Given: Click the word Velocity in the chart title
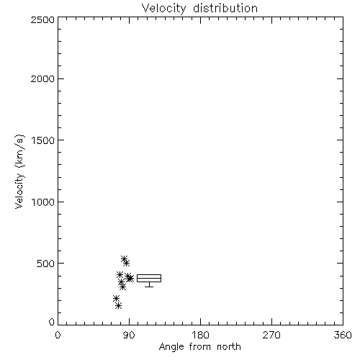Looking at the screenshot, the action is (164, 9).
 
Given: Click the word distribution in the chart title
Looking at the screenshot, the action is (225, 8).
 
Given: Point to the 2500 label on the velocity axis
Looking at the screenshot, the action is (43, 19).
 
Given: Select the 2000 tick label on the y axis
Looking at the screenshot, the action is (43, 78).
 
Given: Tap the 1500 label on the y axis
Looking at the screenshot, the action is (43, 140).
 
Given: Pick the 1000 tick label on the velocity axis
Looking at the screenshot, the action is (43, 202).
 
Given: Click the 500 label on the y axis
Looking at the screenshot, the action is (46, 264).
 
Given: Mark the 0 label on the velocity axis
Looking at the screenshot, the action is (52, 322).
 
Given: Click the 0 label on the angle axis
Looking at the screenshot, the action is (58, 335).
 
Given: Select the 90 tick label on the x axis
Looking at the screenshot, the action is (129, 335).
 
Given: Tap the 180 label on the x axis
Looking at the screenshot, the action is (200, 335).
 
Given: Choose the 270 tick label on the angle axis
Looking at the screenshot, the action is (271, 335).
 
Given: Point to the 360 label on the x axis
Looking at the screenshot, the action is (343, 335).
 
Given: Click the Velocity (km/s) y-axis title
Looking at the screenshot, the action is (19, 171).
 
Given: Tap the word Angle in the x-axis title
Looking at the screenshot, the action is (171, 347).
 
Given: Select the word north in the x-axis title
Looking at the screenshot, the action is (229, 346).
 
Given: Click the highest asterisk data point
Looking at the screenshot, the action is (124, 258).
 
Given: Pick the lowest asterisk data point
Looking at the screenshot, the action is (118, 306).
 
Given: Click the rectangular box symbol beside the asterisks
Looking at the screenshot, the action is (149, 274).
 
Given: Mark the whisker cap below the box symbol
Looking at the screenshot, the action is (149, 287).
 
